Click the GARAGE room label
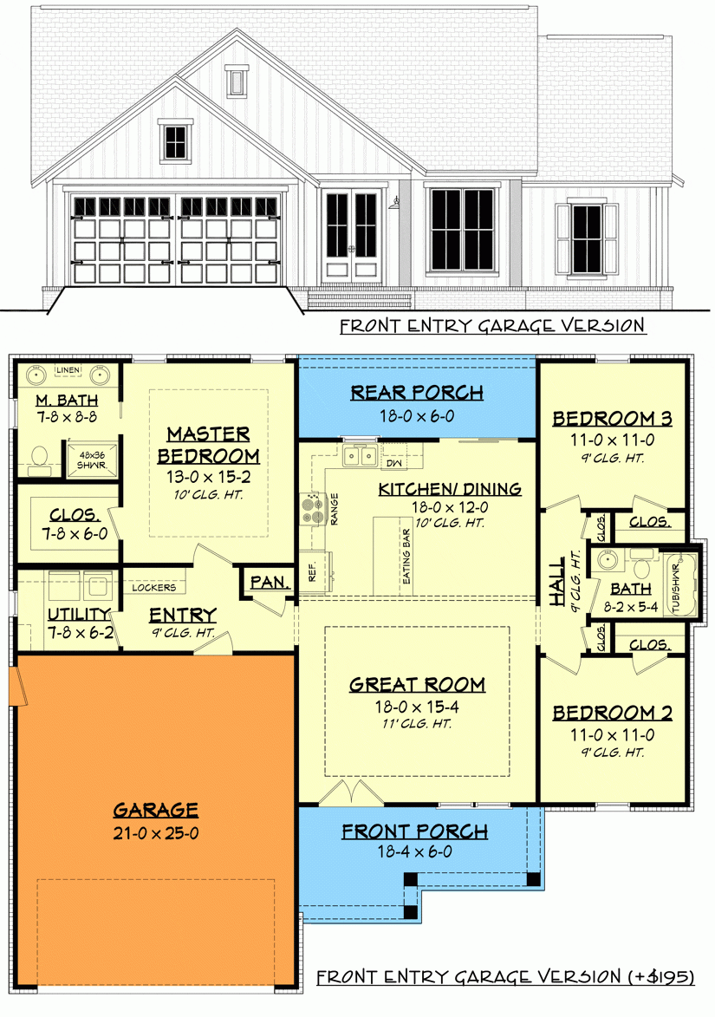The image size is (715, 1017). (x=155, y=810)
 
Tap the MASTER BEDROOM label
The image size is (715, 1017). (x=209, y=444)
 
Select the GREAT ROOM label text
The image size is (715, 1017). (x=417, y=684)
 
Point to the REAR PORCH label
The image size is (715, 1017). (x=417, y=393)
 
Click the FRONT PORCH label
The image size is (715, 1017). (x=414, y=831)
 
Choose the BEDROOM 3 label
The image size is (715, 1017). (x=613, y=419)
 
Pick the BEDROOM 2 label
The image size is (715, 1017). (x=613, y=713)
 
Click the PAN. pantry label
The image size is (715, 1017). (x=269, y=583)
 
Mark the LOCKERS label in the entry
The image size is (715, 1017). (x=153, y=587)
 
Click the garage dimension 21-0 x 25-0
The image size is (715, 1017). (x=155, y=834)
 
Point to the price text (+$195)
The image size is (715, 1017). (x=660, y=977)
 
